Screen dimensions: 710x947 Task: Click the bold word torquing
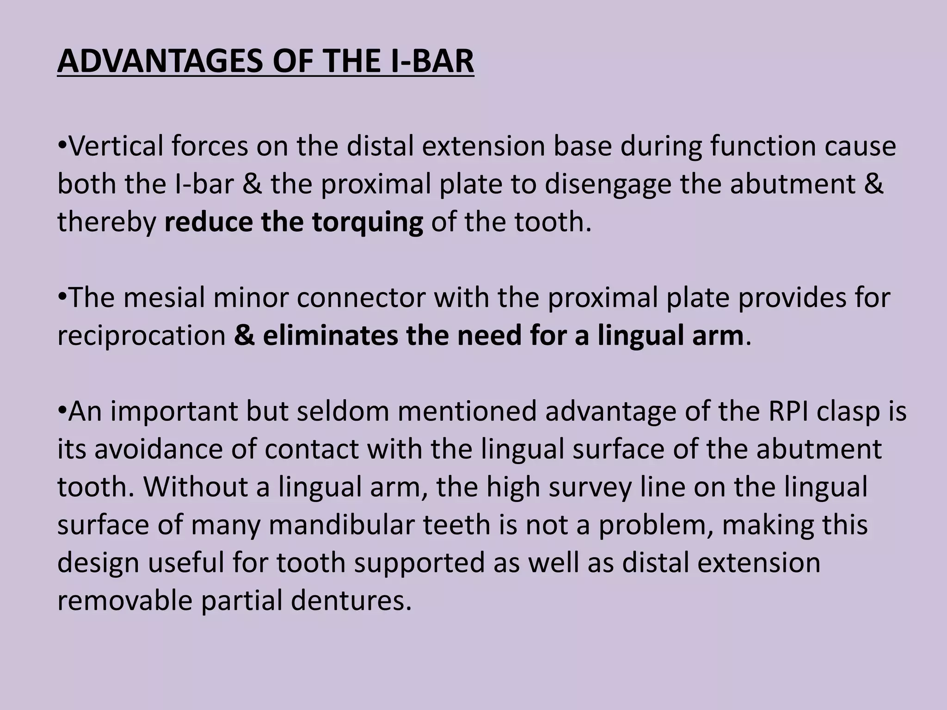pos(367,222)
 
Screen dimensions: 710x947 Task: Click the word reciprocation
pos(141,336)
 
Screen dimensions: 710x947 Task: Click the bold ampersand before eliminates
pos(244,336)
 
